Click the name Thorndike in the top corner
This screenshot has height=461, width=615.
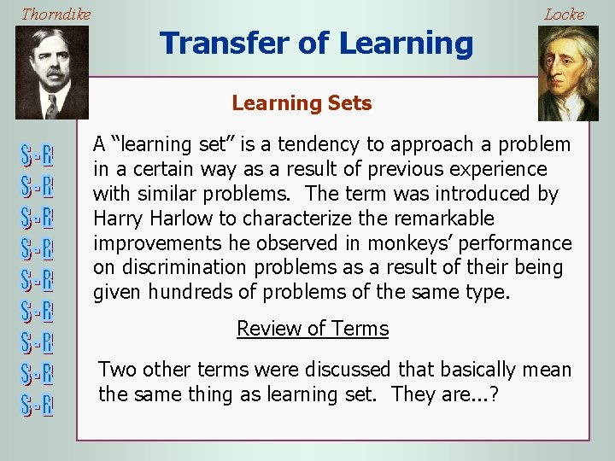pos(56,14)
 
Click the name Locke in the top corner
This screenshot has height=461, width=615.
pos(564,14)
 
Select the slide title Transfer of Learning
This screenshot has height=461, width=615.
pos(316,43)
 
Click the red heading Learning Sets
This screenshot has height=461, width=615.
pos(302,103)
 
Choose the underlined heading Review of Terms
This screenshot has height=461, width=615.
pos(312,329)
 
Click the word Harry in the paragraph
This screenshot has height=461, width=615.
pos(117,219)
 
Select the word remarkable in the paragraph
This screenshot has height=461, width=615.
pos(452,219)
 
